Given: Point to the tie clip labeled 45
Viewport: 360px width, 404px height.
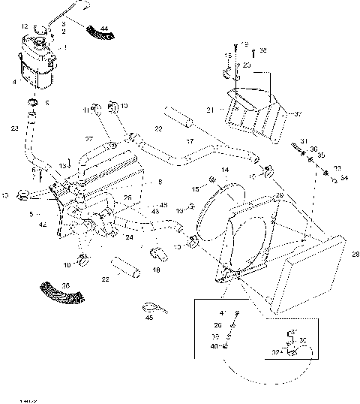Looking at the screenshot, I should pyautogui.click(x=150, y=307).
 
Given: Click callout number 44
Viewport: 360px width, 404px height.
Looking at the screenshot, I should pyautogui.click(x=104, y=29).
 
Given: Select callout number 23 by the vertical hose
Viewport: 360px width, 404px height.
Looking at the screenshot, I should pyautogui.click(x=15, y=128).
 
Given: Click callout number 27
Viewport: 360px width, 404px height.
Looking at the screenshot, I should pyautogui.click(x=88, y=139).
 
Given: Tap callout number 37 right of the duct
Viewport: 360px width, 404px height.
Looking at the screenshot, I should pyautogui.click(x=297, y=114).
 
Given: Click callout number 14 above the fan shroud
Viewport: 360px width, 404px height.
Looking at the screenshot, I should pyautogui.click(x=225, y=171).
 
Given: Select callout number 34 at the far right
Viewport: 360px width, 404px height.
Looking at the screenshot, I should pyautogui.click(x=343, y=178).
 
